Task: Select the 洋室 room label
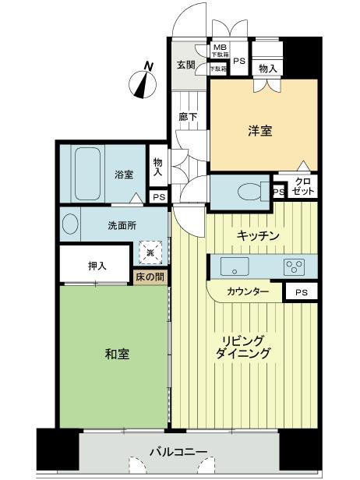click(x=262, y=130)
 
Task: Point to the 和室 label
click(x=117, y=354)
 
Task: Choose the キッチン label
click(x=258, y=235)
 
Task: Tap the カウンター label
click(x=249, y=291)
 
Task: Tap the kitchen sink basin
click(x=232, y=266)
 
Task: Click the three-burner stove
click(x=295, y=266)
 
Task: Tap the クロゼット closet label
click(x=302, y=187)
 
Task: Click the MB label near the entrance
click(x=220, y=48)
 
